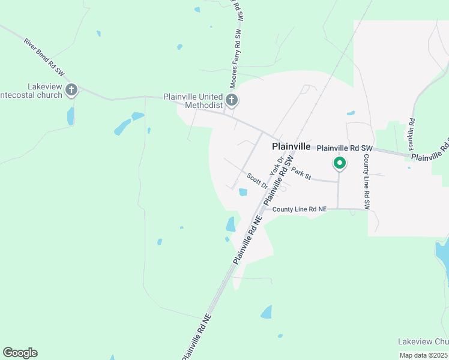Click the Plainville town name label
[291, 146]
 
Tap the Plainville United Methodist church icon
[232, 100]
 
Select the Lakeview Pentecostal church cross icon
[71, 91]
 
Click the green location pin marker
[339, 163]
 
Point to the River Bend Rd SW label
[44, 58]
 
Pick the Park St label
[301, 173]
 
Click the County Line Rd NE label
[299, 209]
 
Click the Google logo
[20, 353]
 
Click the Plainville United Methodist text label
[193, 101]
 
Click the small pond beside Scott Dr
[243, 193]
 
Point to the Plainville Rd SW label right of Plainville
[345, 148]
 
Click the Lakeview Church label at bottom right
[423, 341]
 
